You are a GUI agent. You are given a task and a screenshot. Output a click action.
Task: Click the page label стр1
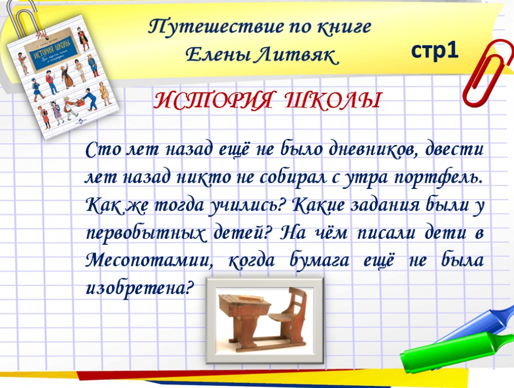tap(435, 51)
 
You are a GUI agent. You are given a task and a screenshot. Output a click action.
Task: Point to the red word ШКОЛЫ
tap(332, 100)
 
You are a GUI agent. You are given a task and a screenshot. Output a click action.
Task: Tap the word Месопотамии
tap(149, 261)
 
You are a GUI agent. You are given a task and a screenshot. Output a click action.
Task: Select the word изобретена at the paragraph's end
tap(138, 289)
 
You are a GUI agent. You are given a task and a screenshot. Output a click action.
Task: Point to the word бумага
tap(320, 261)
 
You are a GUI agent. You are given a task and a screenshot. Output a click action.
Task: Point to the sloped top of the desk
tap(245, 299)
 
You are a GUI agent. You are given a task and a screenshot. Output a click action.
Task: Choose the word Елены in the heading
tap(216, 55)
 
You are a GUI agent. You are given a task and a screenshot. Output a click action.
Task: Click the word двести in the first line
tap(454, 149)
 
